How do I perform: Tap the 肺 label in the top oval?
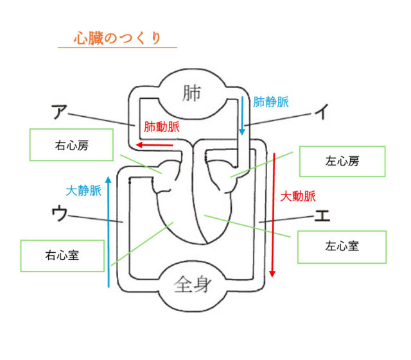[x=191, y=93]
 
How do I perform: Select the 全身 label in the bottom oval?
[x=191, y=284]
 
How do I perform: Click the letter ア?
[x=60, y=112]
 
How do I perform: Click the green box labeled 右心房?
[x=71, y=145]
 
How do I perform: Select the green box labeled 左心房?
[x=342, y=162]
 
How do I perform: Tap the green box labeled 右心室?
[x=62, y=255]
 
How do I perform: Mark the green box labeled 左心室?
[x=342, y=245]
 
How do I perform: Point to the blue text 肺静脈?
[x=271, y=101]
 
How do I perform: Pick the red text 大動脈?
[x=298, y=196]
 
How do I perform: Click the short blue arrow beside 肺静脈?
[x=242, y=116]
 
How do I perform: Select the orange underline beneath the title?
[x=117, y=47]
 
